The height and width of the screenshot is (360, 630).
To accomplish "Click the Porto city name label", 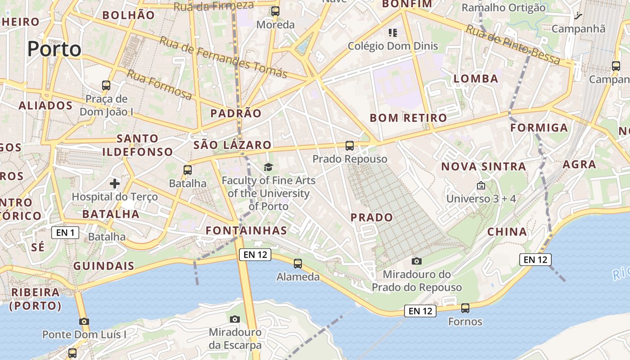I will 54,49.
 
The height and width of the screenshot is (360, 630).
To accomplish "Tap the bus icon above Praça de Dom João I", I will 106,85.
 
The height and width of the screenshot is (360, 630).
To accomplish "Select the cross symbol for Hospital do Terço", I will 115,183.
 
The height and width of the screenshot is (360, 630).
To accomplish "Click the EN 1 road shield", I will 65,232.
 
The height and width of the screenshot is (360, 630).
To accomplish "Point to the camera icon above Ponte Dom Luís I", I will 84,321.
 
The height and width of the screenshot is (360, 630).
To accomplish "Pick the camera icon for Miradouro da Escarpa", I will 234,319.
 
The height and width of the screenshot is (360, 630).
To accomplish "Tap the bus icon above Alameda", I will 297,263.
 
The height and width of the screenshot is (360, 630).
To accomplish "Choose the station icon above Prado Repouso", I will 350,145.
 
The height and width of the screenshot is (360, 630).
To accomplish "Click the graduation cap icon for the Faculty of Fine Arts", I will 268,167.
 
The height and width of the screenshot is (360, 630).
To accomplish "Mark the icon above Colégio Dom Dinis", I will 393,32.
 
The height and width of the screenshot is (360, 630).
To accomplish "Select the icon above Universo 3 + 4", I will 481,185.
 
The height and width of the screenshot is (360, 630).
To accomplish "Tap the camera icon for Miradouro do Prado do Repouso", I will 417,261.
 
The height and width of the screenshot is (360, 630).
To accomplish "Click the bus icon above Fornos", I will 465,308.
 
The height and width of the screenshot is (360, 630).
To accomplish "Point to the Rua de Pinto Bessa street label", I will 513,45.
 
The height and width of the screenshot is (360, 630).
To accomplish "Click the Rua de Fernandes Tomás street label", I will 223,57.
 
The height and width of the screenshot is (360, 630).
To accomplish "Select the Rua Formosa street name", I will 159,85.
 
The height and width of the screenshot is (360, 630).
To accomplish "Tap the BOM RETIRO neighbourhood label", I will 408,118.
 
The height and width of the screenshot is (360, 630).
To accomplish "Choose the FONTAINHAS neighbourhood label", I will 246,230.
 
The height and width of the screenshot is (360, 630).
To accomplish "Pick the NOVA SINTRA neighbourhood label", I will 483,166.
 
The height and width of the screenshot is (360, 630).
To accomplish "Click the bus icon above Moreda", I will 275,11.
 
